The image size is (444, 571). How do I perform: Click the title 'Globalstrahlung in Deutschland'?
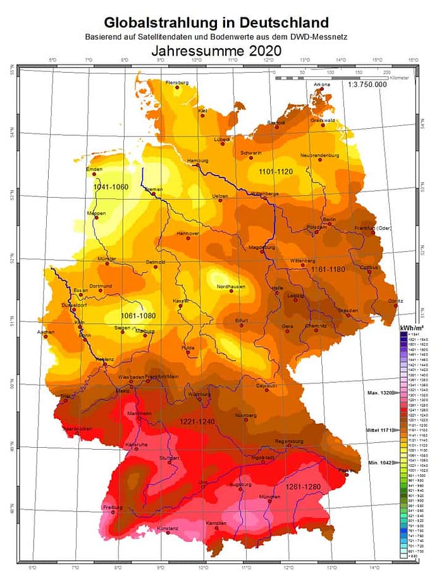point(216,23)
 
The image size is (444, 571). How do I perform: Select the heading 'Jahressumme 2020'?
point(216,51)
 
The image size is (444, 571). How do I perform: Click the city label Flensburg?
point(177,83)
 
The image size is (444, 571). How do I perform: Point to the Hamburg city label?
point(197,161)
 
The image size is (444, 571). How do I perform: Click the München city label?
point(269,497)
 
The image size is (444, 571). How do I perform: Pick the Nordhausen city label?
point(231,286)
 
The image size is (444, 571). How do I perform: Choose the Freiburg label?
point(112,507)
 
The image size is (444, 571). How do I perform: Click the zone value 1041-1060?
point(110,187)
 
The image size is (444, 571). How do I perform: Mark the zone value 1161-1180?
point(328,270)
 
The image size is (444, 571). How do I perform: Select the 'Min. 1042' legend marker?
point(379,462)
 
